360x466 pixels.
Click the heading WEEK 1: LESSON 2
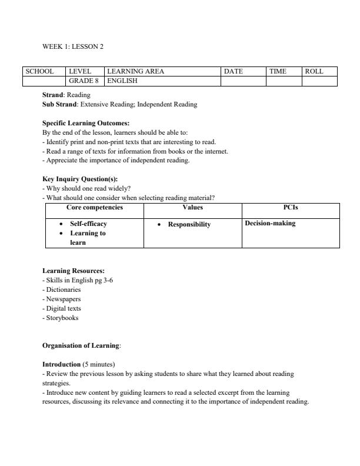click(x=73, y=46)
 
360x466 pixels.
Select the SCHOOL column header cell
click(x=39, y=71)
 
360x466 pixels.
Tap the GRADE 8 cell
click(x=84, y=81)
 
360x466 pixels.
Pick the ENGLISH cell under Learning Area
click(x=122, y=81)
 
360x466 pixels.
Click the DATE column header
click(x=234, y=71)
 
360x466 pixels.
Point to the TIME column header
click(x=278, y=71)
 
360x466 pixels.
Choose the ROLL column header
click(x=314, y=71)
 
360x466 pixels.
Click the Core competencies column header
click(x=95, y=207)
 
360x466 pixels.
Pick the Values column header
click(x=192, y=207)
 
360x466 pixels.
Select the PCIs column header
click(x=291, y=207)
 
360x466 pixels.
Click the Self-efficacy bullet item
click(x=88, y=224)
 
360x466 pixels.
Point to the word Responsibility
click(x=189, y=224)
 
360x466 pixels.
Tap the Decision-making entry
click(x=270, y=223)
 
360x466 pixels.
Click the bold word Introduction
click(x=61, y=364)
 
